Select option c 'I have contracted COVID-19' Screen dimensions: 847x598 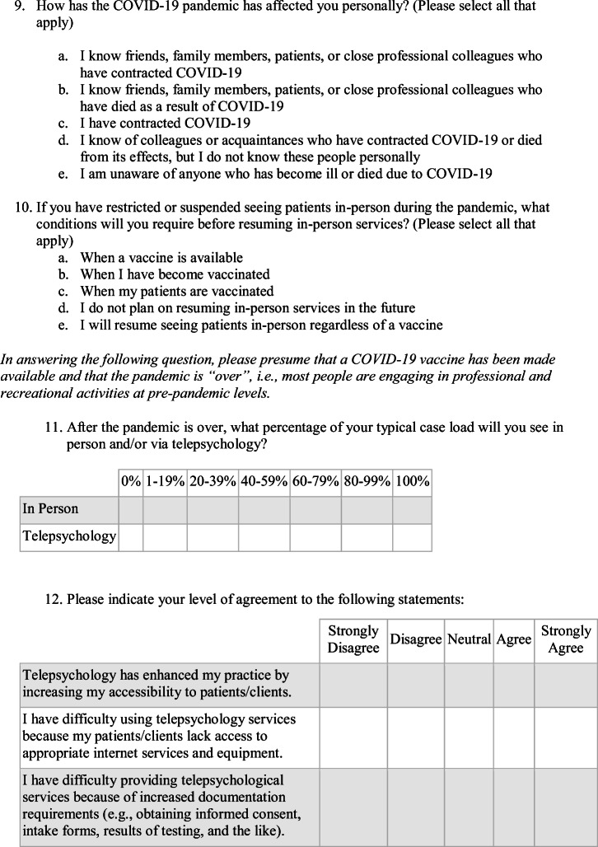click(165, 124)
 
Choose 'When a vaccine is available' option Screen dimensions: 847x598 click(161, 258)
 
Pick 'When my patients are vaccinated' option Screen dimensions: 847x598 click(176, 292)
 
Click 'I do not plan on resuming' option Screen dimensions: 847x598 click(247, 308)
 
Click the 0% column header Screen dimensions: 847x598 click(130, 482)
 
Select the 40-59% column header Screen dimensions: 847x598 click(264, 482)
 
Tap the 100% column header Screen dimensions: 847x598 click(412, 482)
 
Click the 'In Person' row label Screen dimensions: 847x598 click(51, 508)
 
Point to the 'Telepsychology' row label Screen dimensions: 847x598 click(69, 536)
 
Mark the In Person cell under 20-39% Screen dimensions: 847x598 click(213, 508)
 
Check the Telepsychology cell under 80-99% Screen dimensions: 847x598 click(367, 536)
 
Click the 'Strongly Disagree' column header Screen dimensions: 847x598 click(353, 639)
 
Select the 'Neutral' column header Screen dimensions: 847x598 click(469, 639)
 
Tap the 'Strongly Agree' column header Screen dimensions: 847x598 click(565, 639)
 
